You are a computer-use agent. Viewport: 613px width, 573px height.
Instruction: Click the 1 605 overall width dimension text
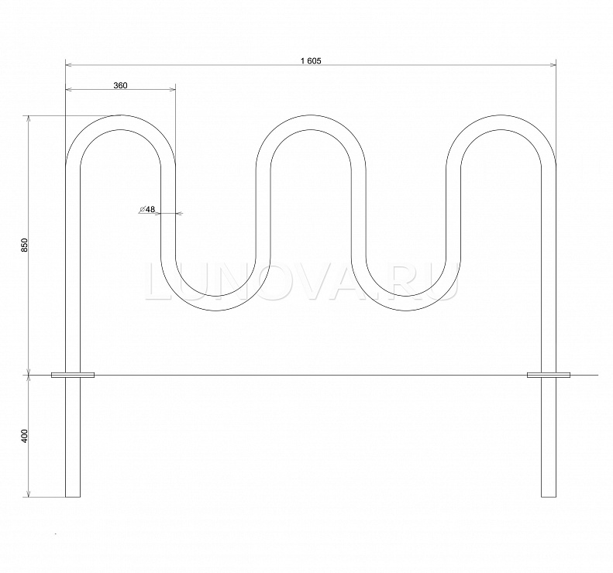pyautogui.click(x=312, y=61)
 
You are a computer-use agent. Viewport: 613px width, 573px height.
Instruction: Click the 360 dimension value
pyautogui.click(x=120, y=85)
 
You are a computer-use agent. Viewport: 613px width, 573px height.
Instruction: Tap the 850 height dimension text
pyautogui.click(x=25, y=245)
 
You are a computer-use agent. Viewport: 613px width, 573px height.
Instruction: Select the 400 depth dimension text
pyautogui.click(x=25, y=435)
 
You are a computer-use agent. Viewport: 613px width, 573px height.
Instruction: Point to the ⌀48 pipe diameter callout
pyautogui.click(x=147, y=209)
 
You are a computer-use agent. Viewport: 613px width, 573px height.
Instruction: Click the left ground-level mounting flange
pyautogui.click(x=73, y=375)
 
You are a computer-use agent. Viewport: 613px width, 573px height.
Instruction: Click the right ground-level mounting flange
pyautogui.click(x=549, y=375)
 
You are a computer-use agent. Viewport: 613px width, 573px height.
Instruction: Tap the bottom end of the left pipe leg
pyautogui.click(x=73, y=497)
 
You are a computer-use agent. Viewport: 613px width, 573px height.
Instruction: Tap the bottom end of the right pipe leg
pyautogui.click(x=549, y=497)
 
